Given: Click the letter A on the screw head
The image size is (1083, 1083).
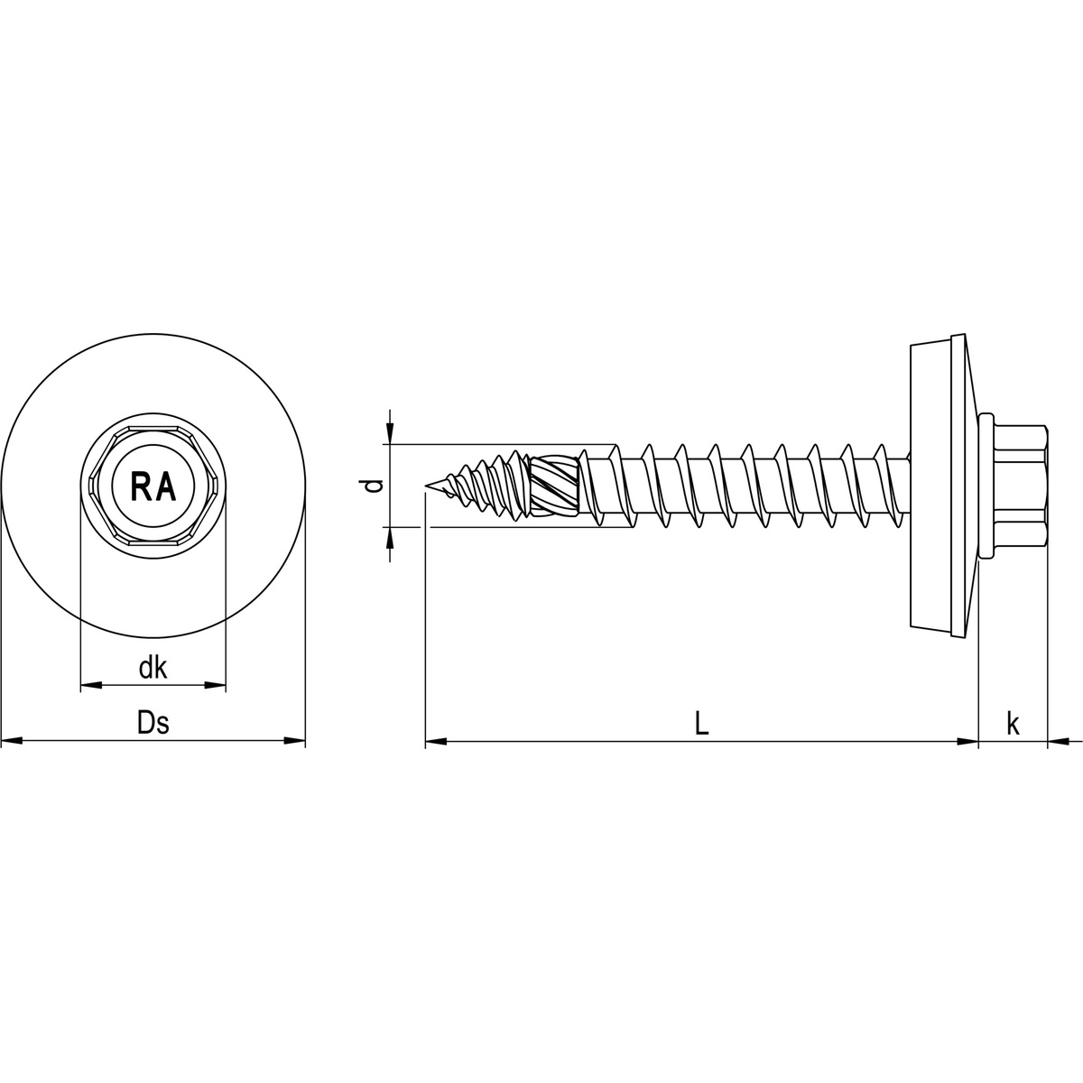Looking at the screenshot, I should (167, 486).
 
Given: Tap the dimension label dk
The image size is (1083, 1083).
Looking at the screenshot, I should (153, 668).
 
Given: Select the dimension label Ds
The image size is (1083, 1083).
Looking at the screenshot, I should (153, 723).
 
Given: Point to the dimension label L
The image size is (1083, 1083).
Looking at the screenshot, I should (702, 723).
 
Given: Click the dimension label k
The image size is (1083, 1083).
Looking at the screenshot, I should (1013, 723).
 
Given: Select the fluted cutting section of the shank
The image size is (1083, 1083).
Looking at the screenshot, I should (553, 486).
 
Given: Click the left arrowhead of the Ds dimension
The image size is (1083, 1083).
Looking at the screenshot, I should (11, 742).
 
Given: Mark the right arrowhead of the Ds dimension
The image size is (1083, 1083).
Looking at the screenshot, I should (296, 742).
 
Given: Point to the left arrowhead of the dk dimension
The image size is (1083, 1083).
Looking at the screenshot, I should (90, 687).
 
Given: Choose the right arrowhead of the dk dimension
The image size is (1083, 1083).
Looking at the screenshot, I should (216, 687).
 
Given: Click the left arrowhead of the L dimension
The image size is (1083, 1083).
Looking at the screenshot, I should (435, 742).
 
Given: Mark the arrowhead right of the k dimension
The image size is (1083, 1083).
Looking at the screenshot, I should (1058, 742).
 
